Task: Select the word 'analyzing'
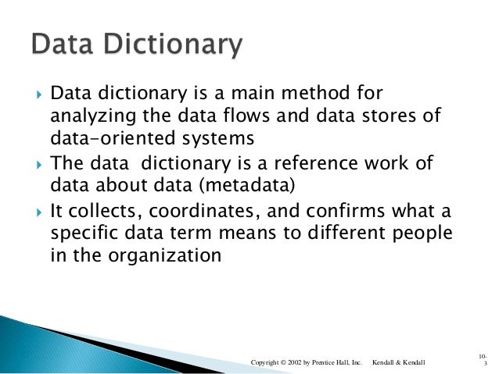point(83,117)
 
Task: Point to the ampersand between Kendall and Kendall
point(401,362)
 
